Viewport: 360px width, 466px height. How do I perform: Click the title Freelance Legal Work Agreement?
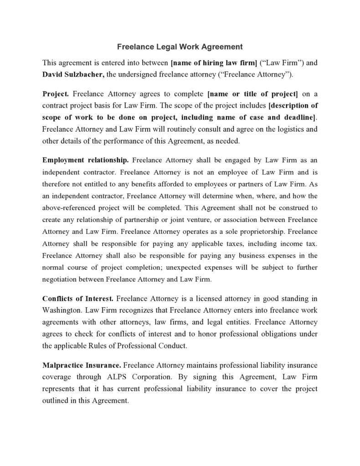[x=180, y=47]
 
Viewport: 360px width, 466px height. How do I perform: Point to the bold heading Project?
[x=56, y=94]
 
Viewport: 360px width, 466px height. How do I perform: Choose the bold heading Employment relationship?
[x=86, y=160]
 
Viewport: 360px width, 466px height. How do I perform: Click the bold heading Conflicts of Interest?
[x=78, y=299]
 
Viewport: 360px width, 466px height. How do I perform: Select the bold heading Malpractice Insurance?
[x=82, y=365]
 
